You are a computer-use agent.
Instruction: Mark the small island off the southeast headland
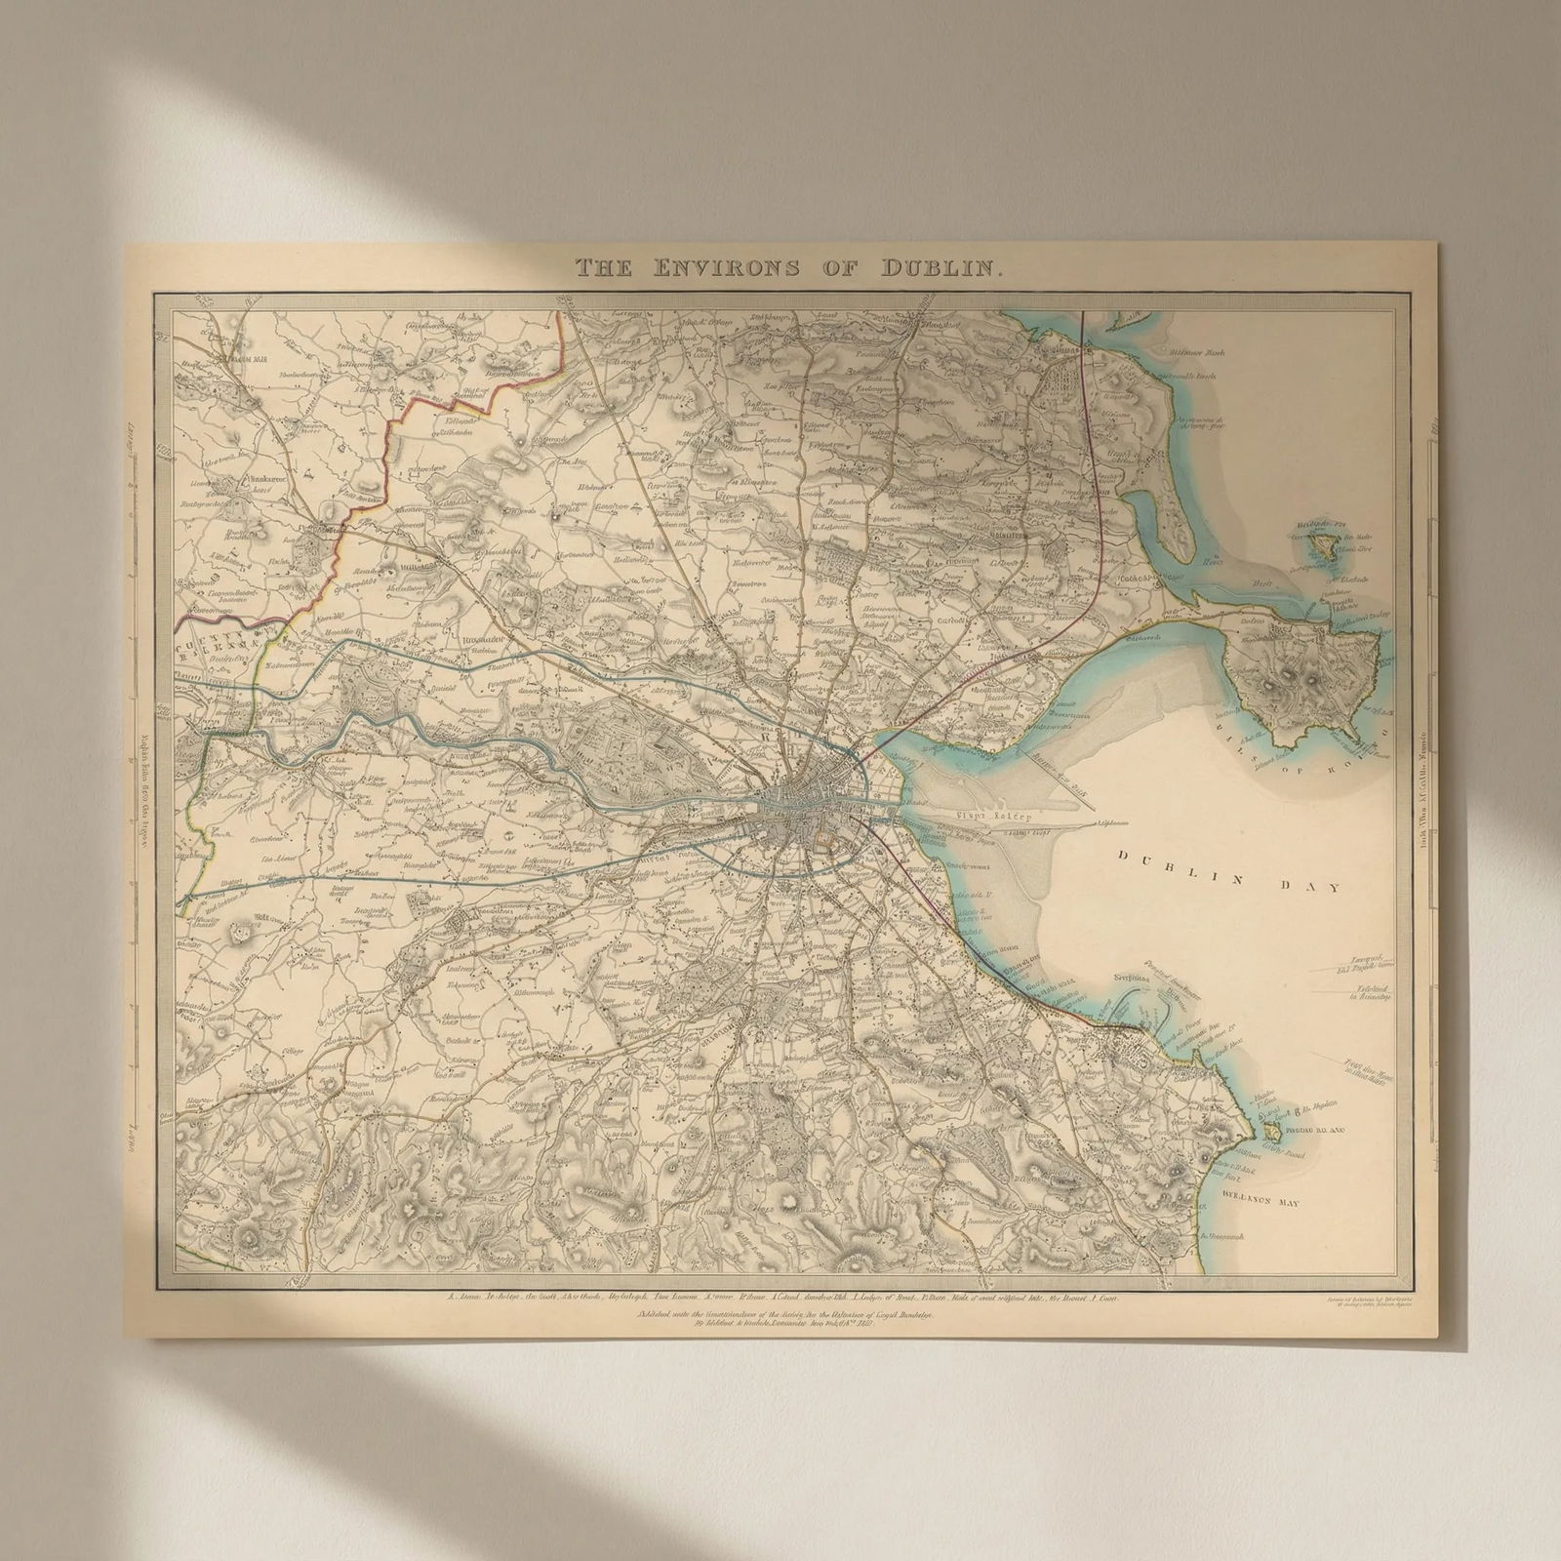coord(1270,1132)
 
